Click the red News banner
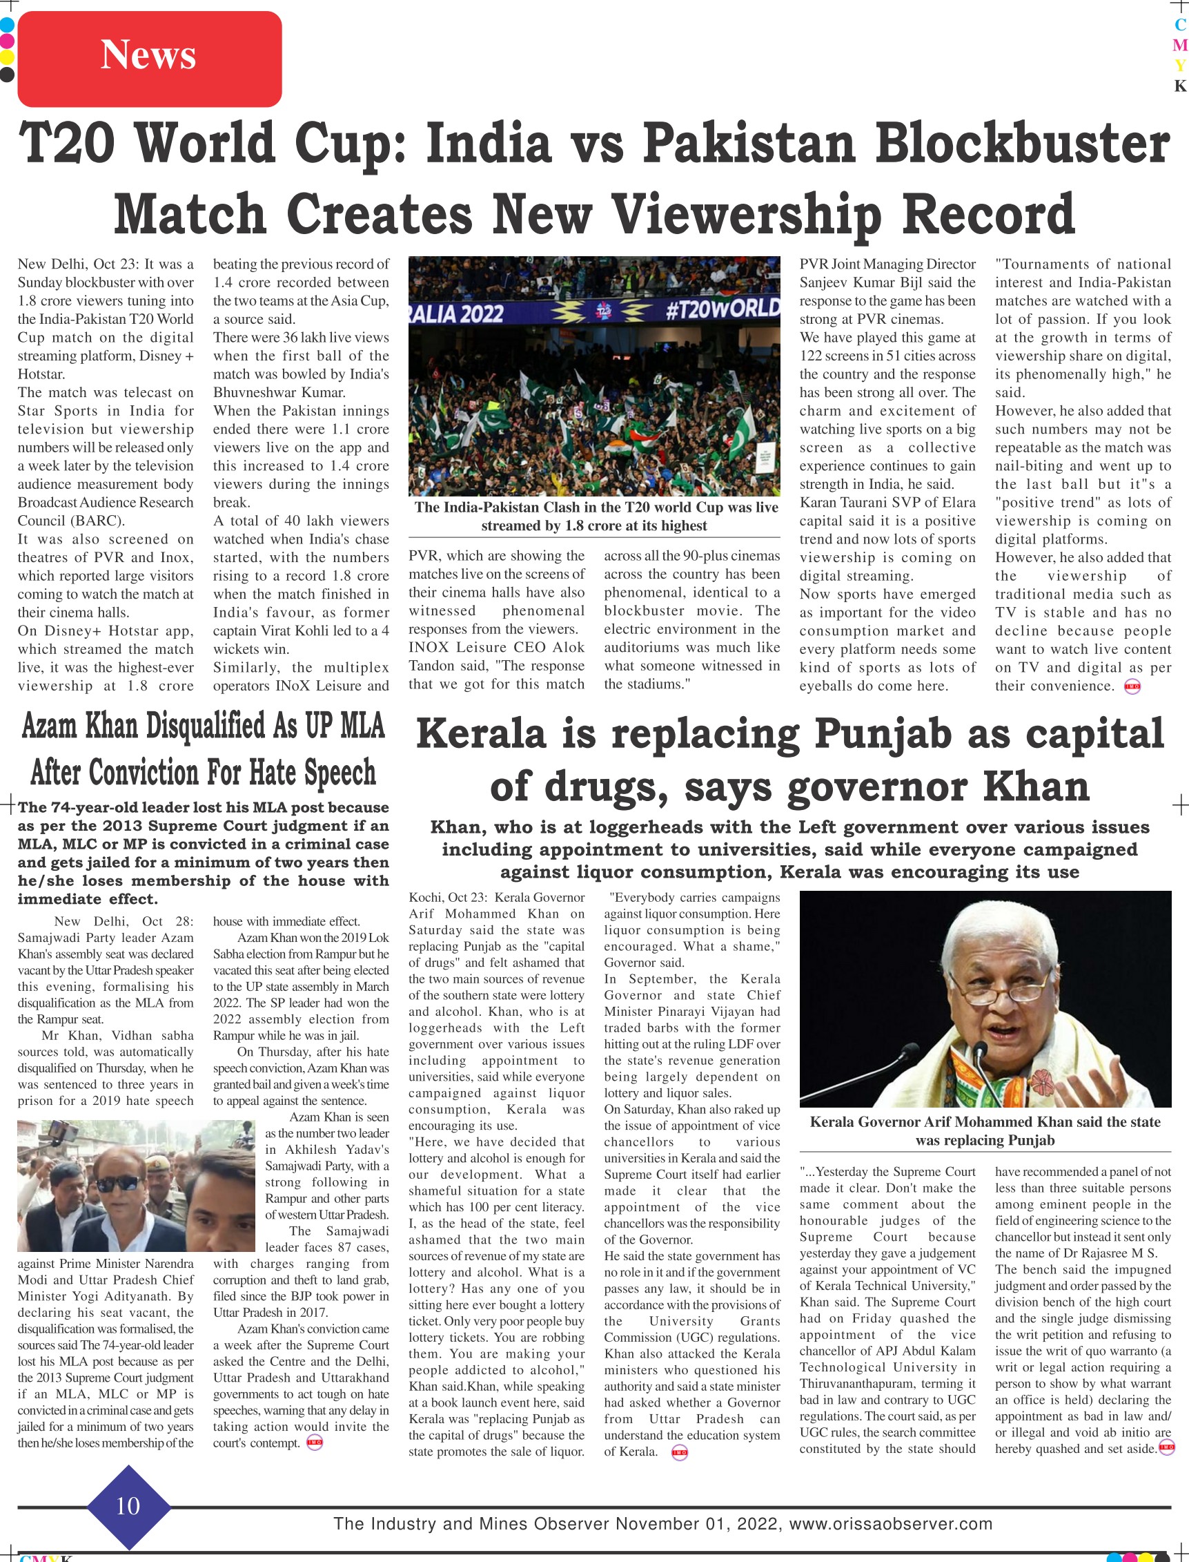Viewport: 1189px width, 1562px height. [x=148, y=58]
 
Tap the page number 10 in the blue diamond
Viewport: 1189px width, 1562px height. [x=128, y=1505]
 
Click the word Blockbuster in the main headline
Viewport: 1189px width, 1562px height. [x=1022, y=143]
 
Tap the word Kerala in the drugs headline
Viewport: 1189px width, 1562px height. [x=481, y=733]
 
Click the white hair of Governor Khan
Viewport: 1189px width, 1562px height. [x=1008, y=921]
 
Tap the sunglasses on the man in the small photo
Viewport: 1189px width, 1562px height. [x=119, y=1183]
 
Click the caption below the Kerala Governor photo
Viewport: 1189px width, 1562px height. [x=985, y=1131]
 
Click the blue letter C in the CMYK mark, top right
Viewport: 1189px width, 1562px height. [x=1180, y=25]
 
